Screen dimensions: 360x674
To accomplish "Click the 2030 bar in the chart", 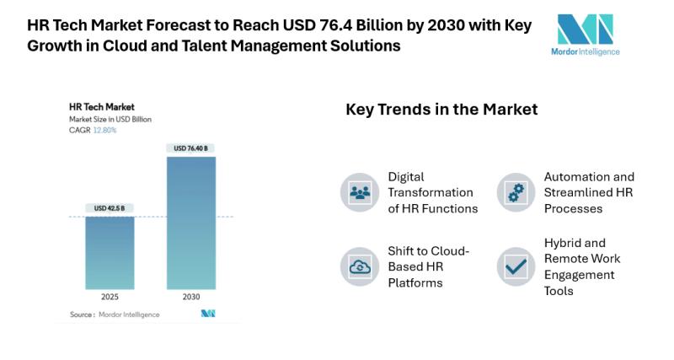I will [x=191, y=223].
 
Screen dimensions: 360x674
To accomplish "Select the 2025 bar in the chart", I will [x=110, y=253].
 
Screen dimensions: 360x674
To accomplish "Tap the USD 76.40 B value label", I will [x=191, y=148].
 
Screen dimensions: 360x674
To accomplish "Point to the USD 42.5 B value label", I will [x=110, y=208].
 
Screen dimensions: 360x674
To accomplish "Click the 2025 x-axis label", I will [x=110, y=297].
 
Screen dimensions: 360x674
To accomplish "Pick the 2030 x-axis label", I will [x=191, y=297].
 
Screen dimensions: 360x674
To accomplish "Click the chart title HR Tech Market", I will [x=97, y=108].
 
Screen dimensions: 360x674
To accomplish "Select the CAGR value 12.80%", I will [x=104, y=130].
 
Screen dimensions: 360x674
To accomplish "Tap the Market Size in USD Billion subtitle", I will [x=110, y=120].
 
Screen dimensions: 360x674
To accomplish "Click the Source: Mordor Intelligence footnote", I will [x=104, y=314].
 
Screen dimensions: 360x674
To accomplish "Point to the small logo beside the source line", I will [x=207, y=314].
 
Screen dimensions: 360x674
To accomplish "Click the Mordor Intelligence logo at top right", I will [x=588, y=34].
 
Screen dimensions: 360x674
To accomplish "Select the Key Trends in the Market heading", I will [x=441, y=110].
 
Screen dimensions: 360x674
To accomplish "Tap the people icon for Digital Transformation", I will [x=360, y=192].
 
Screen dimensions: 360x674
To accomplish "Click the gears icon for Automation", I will [x=516, y=192].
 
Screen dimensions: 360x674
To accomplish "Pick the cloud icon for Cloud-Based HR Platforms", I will [x=360, y=267].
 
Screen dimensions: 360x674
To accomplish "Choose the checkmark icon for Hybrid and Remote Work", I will [x=516, y=267].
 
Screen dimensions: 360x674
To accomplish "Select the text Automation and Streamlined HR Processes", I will [x=589, y=192].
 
